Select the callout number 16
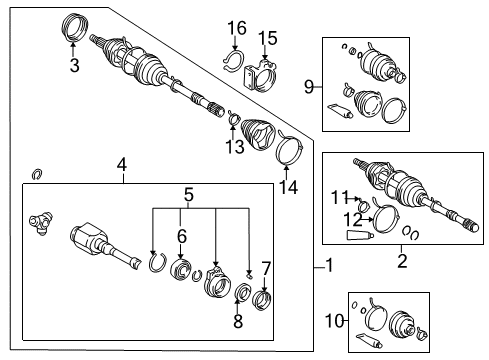pyautogui.click(x=236, y=26)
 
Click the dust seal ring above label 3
pyautogui.click(x=75, y=28)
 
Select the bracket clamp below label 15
pyautogui.click(x=265, y=73)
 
